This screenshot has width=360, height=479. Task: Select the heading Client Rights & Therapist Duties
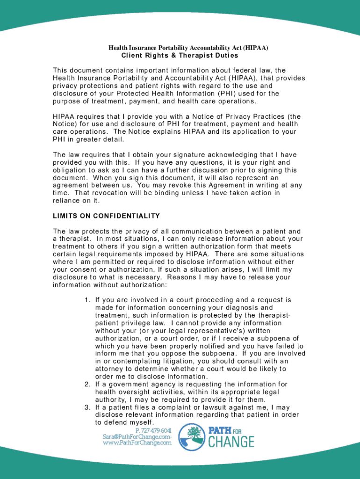[180, 56]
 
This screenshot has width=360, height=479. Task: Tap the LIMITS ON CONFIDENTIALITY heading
[107, 216]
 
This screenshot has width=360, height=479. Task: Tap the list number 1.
[87, 300]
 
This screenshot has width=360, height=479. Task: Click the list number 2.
[87, 385]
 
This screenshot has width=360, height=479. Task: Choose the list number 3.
[87, 407]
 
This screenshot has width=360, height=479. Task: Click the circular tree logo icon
[192, 437]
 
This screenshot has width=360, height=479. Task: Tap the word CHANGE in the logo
[231, 441]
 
